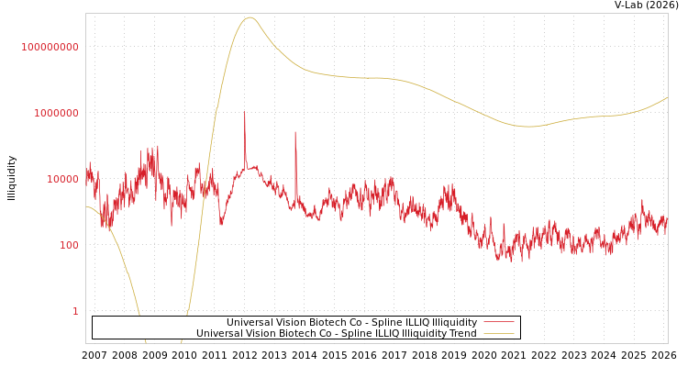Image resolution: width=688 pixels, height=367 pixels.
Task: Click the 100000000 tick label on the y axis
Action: point(50,47)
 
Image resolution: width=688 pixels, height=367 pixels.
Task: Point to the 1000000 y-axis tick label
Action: point(56,113)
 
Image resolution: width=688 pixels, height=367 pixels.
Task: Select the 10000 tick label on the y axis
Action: point(62,179)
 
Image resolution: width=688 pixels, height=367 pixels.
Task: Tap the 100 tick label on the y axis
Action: point(69,245)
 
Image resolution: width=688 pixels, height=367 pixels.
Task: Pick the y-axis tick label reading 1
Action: point(75,311)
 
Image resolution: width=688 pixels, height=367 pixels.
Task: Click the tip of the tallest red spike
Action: point(244,112)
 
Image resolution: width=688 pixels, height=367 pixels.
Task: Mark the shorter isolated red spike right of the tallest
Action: point(295,132)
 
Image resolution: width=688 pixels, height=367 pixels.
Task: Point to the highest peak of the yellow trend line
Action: point(250,17)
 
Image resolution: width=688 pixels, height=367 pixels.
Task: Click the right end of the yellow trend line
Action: point(667,97)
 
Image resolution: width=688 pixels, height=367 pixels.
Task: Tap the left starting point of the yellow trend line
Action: point(86,206)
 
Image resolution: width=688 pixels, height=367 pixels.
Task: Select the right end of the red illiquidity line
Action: point(667,220)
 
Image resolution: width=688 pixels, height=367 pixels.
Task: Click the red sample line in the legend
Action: point(498,322)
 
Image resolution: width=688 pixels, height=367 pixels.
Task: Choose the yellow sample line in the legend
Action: point(498,333)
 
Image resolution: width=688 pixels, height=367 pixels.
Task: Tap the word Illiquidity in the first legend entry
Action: point(455,322)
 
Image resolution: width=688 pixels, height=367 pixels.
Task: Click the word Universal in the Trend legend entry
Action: point(219,333)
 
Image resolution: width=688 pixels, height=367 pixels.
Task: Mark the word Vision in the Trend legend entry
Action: point(262,333)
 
